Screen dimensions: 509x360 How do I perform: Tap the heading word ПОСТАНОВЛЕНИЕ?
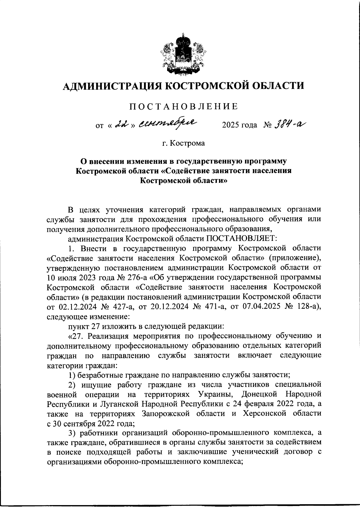184,106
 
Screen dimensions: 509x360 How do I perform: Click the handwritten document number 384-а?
291,124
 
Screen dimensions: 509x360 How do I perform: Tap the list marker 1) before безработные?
71,374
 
